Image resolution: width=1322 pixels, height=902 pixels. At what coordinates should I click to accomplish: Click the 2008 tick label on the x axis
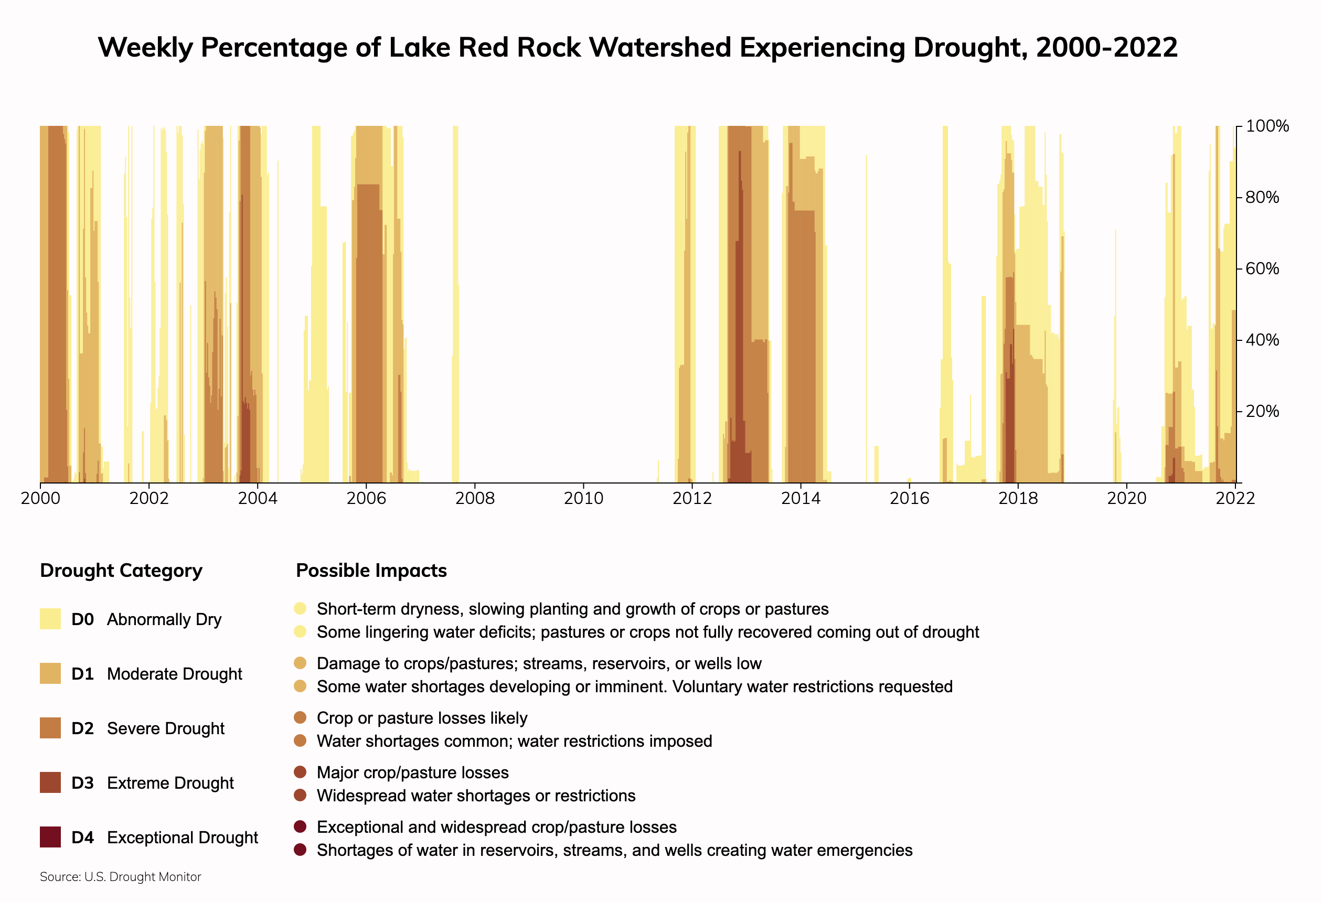pyautogui.click(x=474, y=499)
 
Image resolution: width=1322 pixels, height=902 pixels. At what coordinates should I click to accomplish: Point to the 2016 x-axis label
pyautogui.click(x=909, y=499)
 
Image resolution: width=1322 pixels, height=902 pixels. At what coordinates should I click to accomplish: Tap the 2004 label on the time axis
pyautogui.click(x=257, y=499)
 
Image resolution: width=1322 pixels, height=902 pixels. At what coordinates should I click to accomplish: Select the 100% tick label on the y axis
pyautogui.click(x=1267, y=126)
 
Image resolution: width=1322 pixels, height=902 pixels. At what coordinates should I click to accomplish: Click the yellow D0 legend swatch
pyautogui.click(x=50, y=619)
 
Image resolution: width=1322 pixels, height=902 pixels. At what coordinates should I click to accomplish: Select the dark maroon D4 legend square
pyautogui.click(x=50, y=837)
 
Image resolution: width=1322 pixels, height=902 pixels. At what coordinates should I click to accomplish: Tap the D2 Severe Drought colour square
pyautogui.click(x=50, y=728)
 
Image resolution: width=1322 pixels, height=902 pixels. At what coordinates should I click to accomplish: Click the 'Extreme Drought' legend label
pyautogui.click(x=170, y=783)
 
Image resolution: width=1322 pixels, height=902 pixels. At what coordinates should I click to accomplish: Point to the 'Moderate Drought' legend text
pyautogui.click(x=174, y=674)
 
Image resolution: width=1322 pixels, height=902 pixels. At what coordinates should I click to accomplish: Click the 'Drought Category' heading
pyautogui.click(x=121, y=571)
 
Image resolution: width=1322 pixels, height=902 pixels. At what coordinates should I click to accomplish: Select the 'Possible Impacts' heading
pyautogui.click(x=371, y=571)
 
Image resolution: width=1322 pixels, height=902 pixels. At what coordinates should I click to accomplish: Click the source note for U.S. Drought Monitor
pyautogui.click(x=121, y=877)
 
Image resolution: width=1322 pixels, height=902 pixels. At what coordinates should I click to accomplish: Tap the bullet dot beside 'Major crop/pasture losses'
pyautogui.click(x=301, y=772)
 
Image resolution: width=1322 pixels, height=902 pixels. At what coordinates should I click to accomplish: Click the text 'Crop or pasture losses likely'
pyautogui.click(x=422, y=718)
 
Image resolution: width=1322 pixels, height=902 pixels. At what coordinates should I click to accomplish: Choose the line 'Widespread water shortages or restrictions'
pyautogui.click(x=476, y=796)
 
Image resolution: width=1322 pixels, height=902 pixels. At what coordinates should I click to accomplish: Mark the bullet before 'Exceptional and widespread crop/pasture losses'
pyautogui.click(x=301, y=827)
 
